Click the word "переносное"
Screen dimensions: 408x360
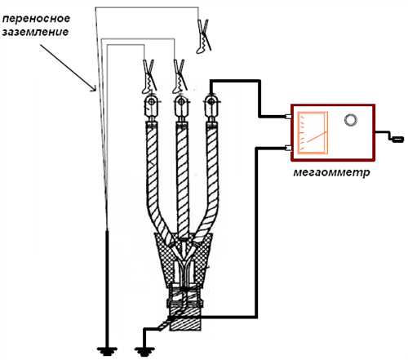(36, 20)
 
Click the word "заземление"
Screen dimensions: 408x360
(35, 32)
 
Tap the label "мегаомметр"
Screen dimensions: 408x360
(331, 172)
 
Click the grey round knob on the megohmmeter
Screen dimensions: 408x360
(351, 120)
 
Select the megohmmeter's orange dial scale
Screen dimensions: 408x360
(313, 132)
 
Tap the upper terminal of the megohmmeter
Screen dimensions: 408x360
(288, 117)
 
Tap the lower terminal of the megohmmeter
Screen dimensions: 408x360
(288, 149)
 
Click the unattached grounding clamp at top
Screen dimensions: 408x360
(203, 36)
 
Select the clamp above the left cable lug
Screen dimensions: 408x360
(149, 76)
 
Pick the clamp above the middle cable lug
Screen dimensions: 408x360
(180, 76)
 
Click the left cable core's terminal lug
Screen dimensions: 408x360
(152, 108)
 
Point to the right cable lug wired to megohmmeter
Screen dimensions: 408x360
(211, 108)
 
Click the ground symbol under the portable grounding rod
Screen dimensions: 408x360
(107, 351)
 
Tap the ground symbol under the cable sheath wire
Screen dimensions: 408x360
(144, 351)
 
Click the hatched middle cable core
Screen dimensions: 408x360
(182, 180)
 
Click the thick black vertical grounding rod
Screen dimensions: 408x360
(107, 288)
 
